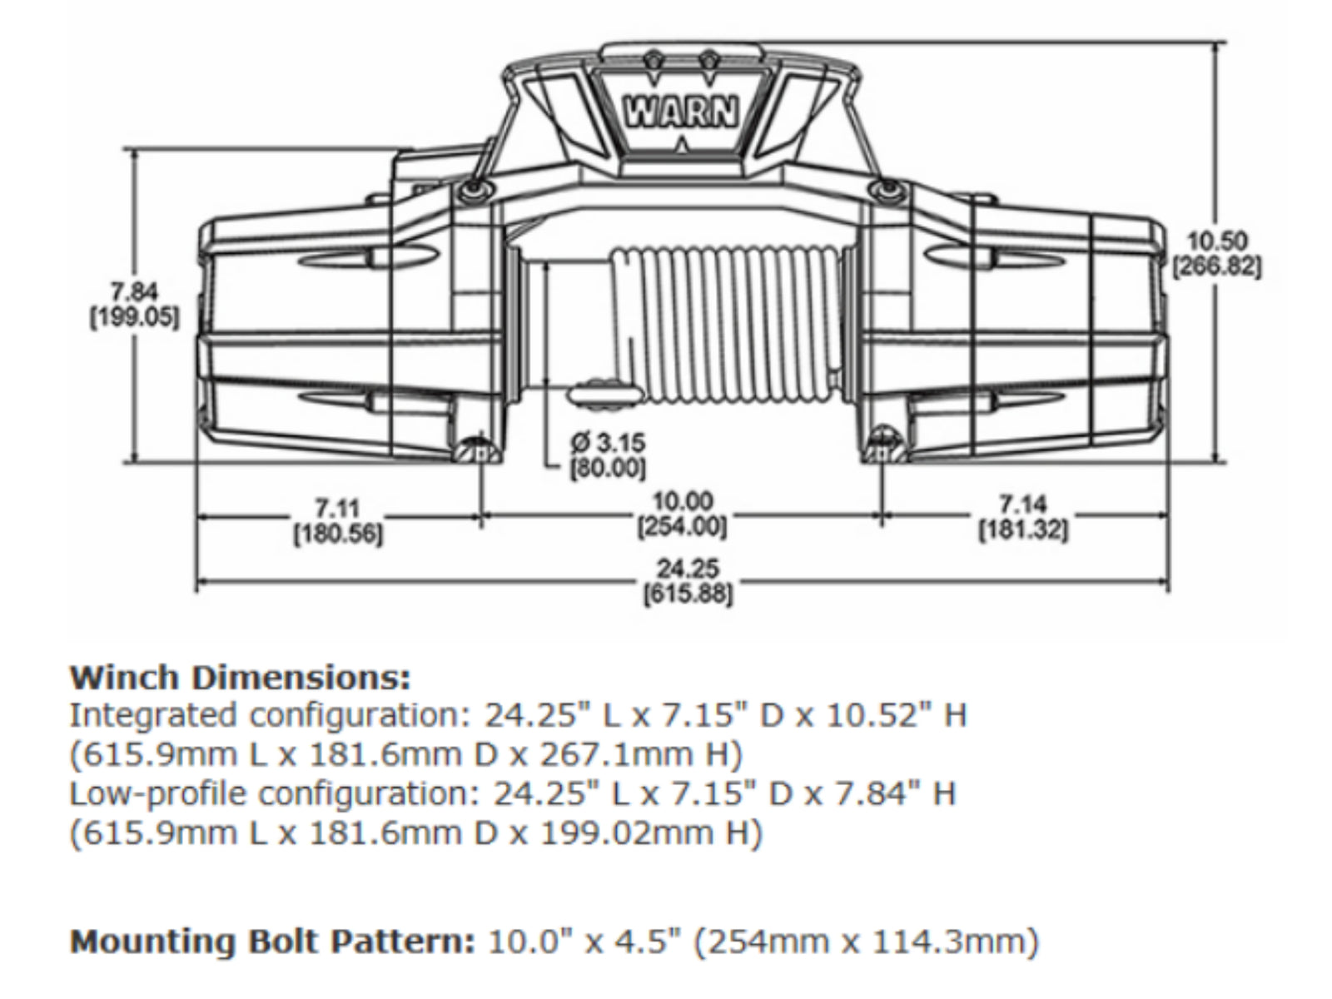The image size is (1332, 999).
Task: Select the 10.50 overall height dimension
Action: point(1217,242)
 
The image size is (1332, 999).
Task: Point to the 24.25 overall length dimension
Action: point(688,569)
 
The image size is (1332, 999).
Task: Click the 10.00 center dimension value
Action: point(683,502)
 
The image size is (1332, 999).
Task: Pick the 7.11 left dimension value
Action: point(337,507)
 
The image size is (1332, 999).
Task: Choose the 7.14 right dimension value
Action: point(1023,504)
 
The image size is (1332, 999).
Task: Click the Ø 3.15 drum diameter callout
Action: point(609,441)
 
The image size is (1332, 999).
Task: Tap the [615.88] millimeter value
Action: point(688,595)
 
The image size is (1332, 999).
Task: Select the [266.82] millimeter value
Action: point(1217,268)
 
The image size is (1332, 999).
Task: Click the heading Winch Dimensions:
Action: point(240,678)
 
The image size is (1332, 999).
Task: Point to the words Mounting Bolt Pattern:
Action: point(271,942)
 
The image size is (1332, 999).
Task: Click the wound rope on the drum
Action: point(733,325)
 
